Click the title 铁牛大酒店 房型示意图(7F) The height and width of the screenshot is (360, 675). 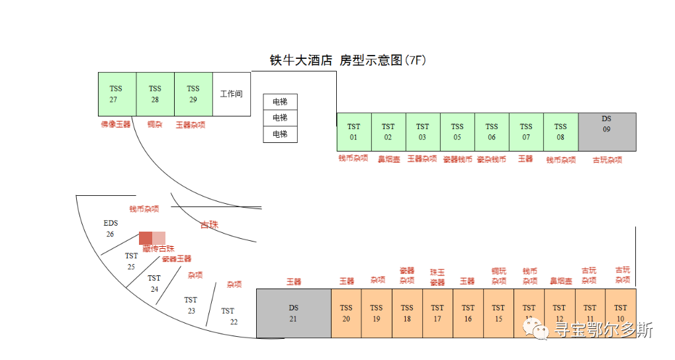click(x=347, y=60)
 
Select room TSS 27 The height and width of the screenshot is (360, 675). click(x=116, y=94)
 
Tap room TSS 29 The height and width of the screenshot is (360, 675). click(x=193, y=94)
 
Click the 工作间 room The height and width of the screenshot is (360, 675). click(x=232, y=94)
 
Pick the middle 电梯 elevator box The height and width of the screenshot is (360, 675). click(x=280, y=118)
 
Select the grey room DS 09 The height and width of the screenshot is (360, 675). click(x=607, y=132)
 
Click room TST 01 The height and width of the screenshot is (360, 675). click(x=354, y=132)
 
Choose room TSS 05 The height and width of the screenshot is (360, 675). click(x=457, y=132)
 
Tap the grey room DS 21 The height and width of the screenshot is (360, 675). click(x=294, y=313)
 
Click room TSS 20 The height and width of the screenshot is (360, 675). click(x=346, y=313)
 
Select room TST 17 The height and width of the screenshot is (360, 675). click(x=437, y=313)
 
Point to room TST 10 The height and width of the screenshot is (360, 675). click(x=620, y=313)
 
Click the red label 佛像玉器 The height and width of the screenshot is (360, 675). click(x=116, y=124)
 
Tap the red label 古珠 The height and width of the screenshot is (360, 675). click(x=209, y=225)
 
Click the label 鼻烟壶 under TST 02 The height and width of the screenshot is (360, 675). click(x=388, y=159)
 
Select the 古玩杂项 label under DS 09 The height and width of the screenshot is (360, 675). click(x=607, y=160)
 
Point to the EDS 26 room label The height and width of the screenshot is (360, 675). click(x=111, y=228)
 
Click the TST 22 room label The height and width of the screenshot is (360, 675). click(x=229, y=316)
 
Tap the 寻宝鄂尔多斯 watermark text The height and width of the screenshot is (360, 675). click(x=604, y=330)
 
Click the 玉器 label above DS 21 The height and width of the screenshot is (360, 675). click(x=294, y=282)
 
